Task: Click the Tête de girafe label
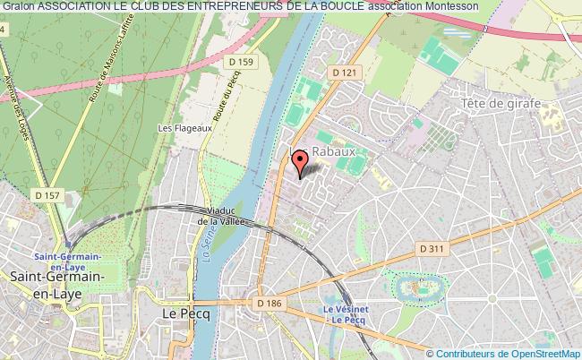501,104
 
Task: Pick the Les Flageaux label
176,128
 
